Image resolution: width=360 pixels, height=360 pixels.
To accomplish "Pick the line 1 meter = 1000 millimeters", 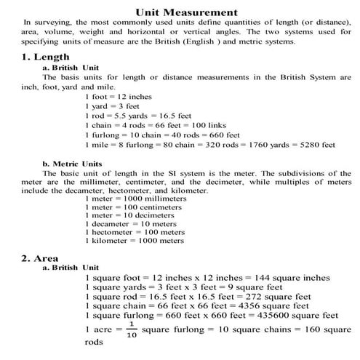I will (136, 198).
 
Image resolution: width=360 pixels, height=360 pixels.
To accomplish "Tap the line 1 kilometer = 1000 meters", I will (135, 241).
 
